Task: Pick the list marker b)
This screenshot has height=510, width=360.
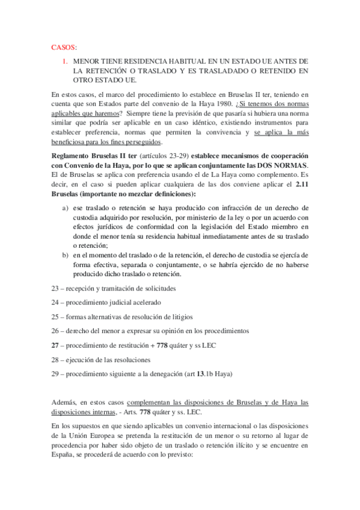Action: [x=65, y=255]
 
